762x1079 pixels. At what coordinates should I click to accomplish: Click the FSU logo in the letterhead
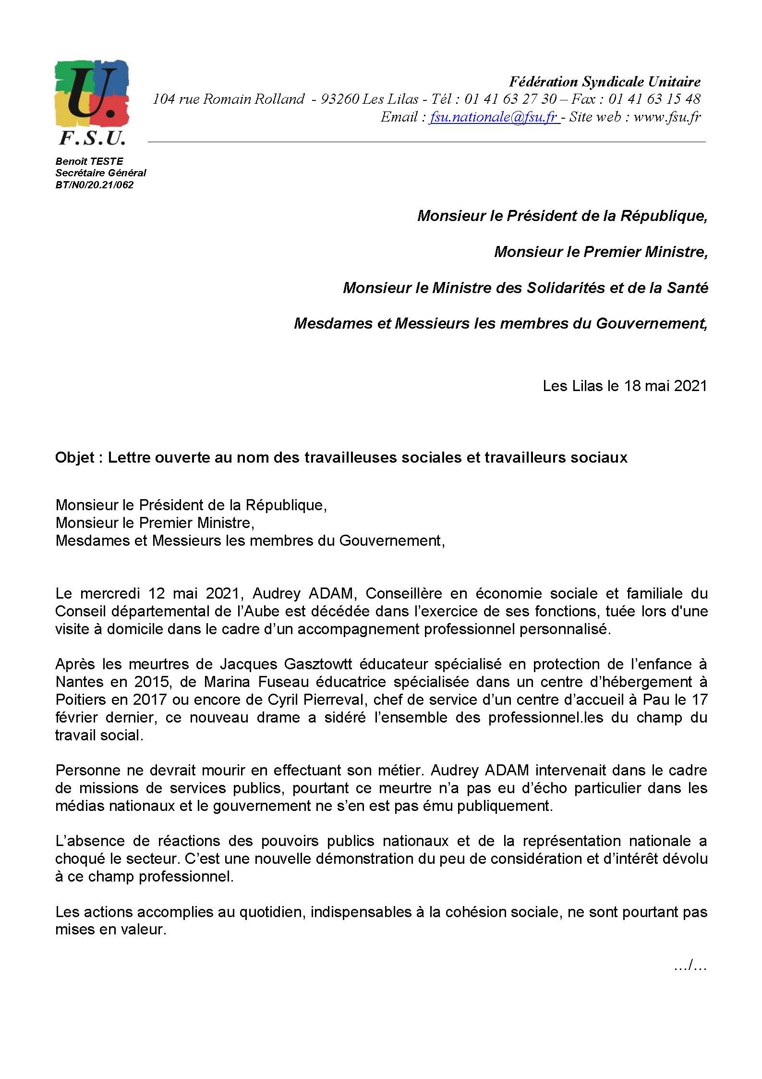(x=91, y=102)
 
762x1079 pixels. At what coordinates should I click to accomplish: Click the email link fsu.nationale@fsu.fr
(x=493, y=117)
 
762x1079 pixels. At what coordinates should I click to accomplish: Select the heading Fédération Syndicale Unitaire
(x=605, y=82)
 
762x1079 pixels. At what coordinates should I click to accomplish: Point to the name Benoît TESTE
(x=89, y=161)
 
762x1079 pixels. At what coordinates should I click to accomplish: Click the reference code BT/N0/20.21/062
(x=94, y=184)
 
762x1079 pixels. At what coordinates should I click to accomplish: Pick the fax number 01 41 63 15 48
(x=654, y=99)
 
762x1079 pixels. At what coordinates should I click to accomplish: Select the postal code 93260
(x=339, y=99)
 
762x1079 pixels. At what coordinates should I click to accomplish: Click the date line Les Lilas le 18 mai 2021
(x=625, y=386)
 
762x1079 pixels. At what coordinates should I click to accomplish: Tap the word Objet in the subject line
(x=75, y=457)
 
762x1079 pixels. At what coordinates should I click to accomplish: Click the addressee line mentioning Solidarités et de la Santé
(x=525, y=288)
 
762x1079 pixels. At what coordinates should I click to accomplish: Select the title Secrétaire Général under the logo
(x=101, y=173)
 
